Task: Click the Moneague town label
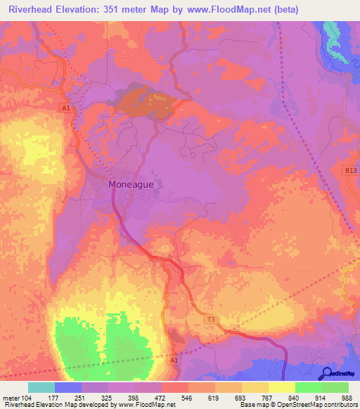tap(131, 184)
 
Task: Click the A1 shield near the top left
tap(66, 108)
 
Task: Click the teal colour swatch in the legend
tap(41, 387)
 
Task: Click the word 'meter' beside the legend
tap(11, 398)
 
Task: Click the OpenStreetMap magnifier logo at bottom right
tap(328, 373)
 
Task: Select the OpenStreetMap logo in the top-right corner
tap(339, 60)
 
